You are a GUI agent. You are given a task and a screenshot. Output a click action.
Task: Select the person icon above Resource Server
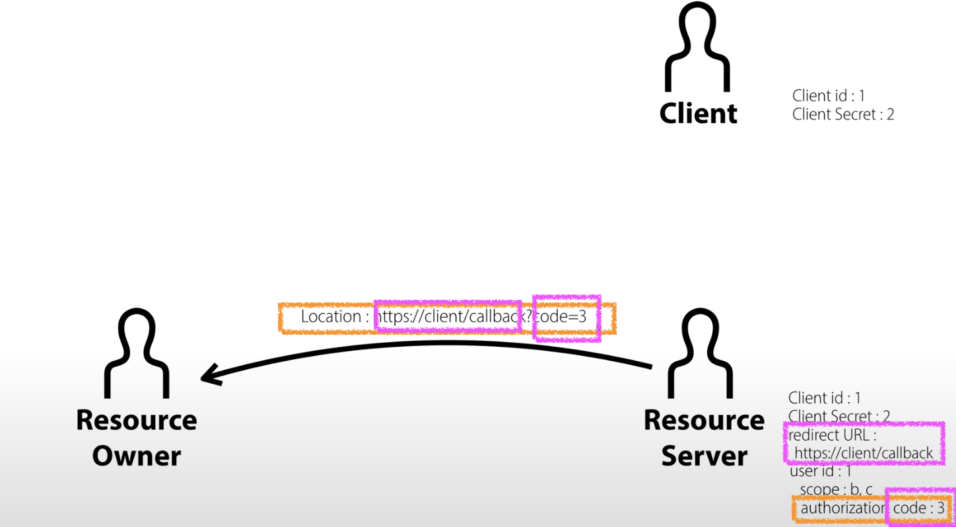(x=702, y=355)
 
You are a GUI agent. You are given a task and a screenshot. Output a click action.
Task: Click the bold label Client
(x=698, y=114)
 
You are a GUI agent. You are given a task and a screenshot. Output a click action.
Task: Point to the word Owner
(x=137, y=456)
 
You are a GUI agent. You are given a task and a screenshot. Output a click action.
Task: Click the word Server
(x=704, y=456)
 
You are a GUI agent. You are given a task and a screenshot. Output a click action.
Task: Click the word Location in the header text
(x=330, y=317)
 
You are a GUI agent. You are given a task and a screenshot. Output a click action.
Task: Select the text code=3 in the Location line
(x=561, y=317)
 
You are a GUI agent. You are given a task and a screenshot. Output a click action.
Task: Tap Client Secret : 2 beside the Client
(x=842, y=114)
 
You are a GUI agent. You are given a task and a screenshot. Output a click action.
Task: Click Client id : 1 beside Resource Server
(x=824, y=398)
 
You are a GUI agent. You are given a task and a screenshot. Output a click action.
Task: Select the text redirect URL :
(x=832, y=435)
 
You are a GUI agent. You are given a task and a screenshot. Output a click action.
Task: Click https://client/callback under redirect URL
(x=864, y=453)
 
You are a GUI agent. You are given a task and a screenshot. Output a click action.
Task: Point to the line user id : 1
(x=820, y=472)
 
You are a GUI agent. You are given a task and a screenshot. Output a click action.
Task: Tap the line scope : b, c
(x=836, y=489)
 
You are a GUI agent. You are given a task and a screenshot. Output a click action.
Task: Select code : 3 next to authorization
(x=918, y=509)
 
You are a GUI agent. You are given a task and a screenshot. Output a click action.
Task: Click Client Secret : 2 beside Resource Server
(x=838, y=416)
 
